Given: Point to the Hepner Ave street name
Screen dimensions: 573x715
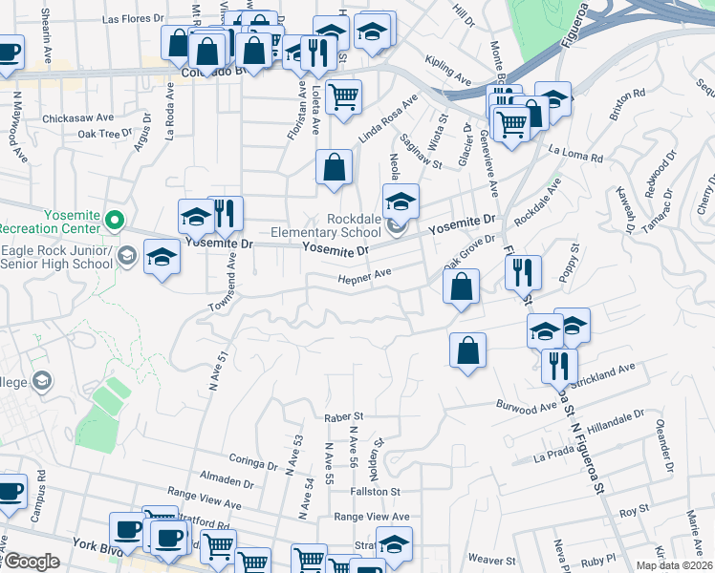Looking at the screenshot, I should (x=364, y=276).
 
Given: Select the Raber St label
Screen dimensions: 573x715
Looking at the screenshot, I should (x=344, y=416).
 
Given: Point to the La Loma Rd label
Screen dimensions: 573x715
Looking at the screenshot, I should (x=576, y=155).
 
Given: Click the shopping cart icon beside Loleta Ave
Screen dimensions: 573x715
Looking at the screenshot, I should (x=343, y=95).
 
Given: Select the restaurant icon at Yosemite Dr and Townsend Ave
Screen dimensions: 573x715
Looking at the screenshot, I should (x=226, y=213).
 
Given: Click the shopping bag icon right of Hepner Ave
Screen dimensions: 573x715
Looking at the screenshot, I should (x=462, y=286).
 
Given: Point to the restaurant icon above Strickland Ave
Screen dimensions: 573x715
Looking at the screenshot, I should (x=559, y=365).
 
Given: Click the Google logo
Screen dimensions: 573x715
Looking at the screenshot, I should (x=31, y=562).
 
